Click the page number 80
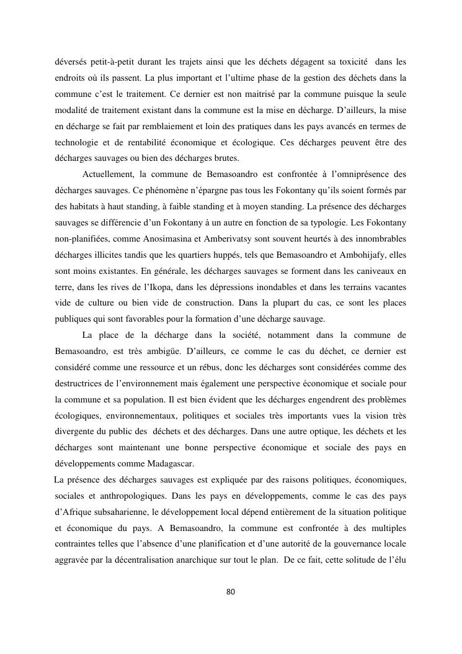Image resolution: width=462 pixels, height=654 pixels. [231, 591]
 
